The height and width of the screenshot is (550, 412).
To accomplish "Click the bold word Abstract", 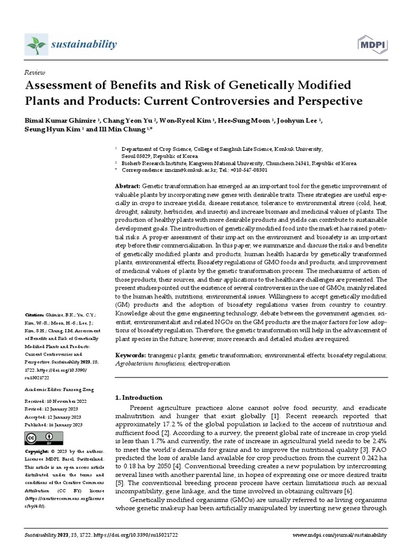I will point(128,185).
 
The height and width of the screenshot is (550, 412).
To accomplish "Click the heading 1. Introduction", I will point(139,397).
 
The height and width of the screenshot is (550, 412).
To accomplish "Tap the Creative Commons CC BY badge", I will point(40,438).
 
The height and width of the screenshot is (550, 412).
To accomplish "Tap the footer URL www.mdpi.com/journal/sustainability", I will point(340,535).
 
